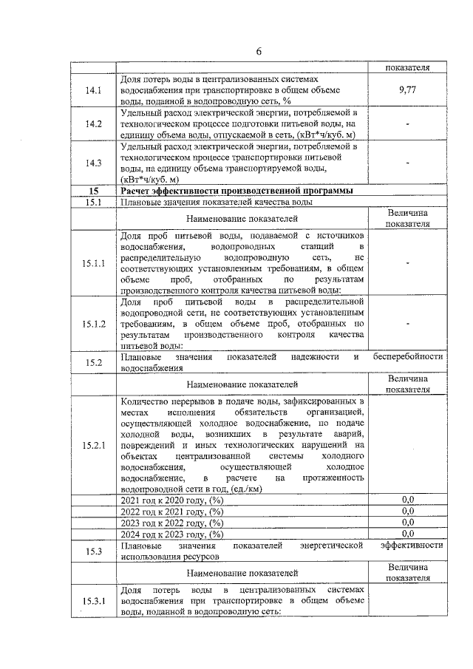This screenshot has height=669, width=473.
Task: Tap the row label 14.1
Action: [x=93, y=90]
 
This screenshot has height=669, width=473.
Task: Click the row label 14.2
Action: [x=93, y=123]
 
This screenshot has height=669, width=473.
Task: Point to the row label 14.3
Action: [x=93, y=163]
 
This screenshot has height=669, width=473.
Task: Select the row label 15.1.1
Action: [x=94, y=262]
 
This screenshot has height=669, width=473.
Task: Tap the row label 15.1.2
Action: [x=94, y=324]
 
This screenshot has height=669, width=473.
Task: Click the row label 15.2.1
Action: [x=94, y=446]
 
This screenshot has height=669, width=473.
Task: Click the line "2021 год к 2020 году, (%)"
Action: [x=171, y=500]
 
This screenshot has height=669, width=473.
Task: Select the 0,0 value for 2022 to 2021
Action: [x=407, y=511]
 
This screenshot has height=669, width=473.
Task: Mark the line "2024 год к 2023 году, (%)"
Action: [x=171, y=534]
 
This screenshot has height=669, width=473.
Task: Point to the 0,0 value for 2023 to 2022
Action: [x=407, y=522]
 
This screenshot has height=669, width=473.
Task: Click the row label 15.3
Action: [x=93, y=551]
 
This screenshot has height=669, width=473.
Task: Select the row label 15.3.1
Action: [x=94, y=601]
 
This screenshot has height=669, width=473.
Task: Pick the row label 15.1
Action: [x=93, y=202]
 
